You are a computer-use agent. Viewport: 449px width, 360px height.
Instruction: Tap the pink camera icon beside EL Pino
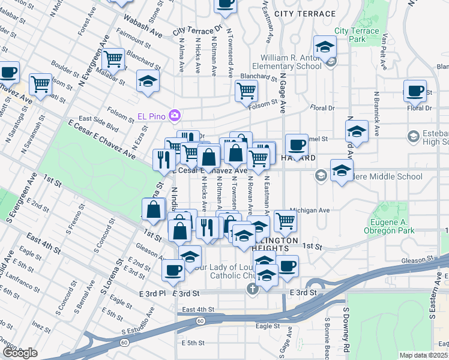[175, 114]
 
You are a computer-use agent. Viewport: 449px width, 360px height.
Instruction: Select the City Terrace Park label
[357, 35]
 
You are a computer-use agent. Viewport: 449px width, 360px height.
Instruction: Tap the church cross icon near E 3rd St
[252, 290]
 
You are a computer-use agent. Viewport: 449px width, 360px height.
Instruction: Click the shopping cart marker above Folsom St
[246, 91]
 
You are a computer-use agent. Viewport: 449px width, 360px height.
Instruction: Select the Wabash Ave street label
[145, 26]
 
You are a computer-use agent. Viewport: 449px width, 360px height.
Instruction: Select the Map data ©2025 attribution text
[423, 355]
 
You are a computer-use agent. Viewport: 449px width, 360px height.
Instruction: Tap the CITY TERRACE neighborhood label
[304, 13]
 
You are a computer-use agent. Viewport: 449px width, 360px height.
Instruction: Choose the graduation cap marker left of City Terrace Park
[324, 47]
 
